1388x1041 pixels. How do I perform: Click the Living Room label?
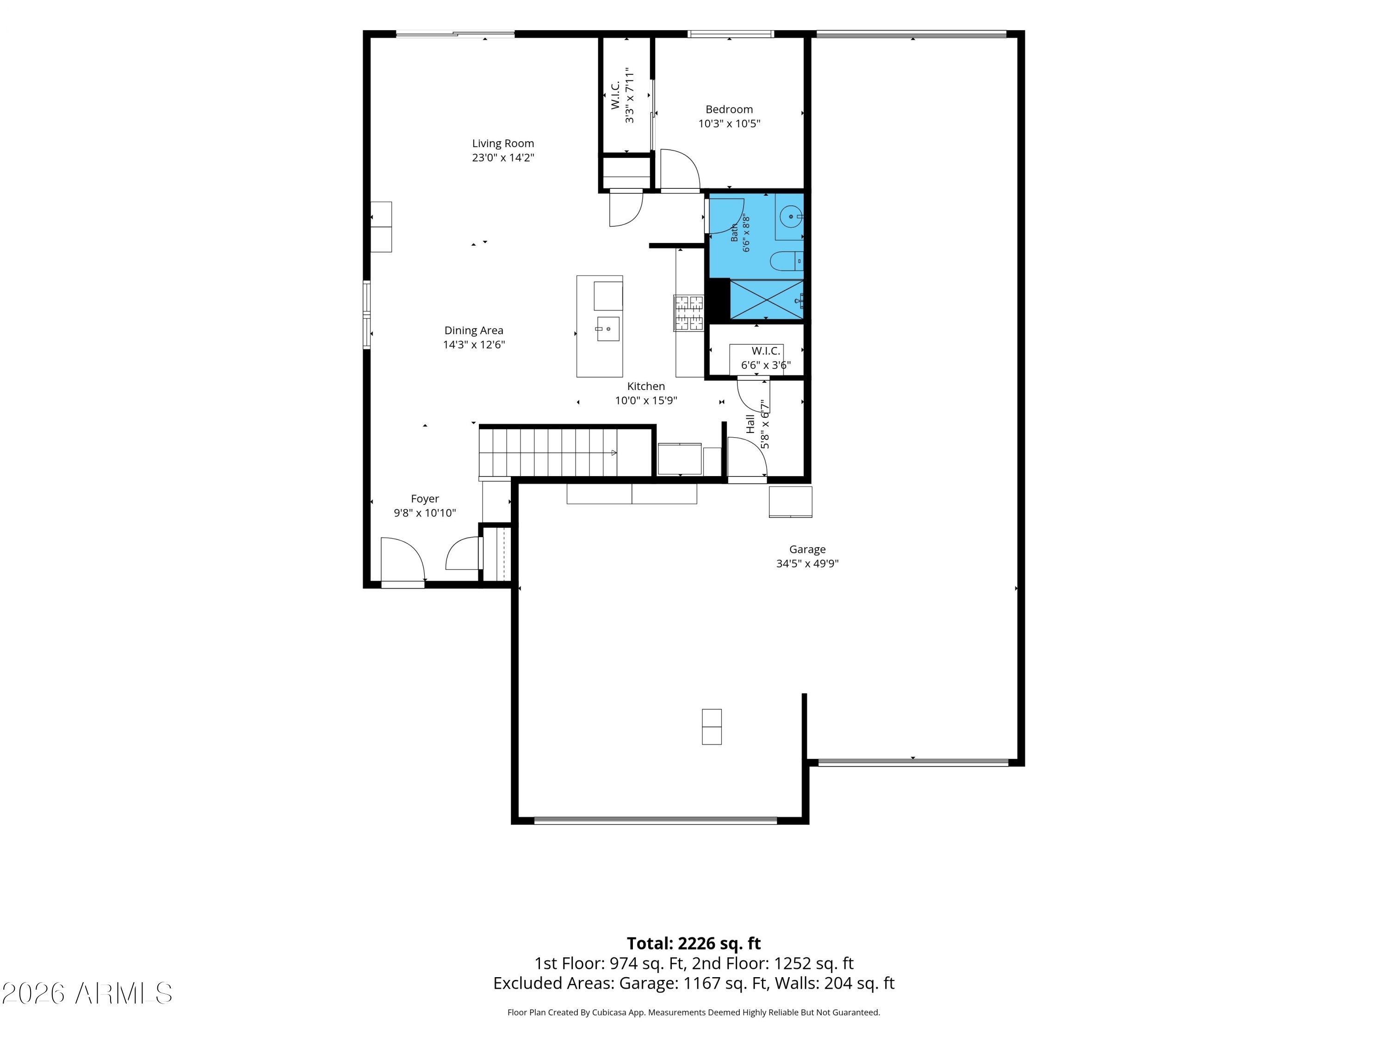pyautogui.click(x=502, y=144)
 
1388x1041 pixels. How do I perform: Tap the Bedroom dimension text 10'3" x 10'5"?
pyautogui.click(x=729, y=124)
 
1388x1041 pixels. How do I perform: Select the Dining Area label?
pyautogui.click(x=474, y=331)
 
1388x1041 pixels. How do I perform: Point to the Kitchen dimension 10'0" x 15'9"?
pyautogui.click(x=646, y=400)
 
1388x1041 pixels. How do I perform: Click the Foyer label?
pyautogui.click(x=425, y=499)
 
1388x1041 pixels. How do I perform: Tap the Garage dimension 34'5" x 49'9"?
pyautogui.click(x=807, y=564)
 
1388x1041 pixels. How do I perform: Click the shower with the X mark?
pyautogui.click(x=766, y=299)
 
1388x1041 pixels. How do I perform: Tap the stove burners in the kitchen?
pyautogui.click(x=689, y=312)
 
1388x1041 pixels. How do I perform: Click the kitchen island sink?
pyautogui.click(x=608, y=329)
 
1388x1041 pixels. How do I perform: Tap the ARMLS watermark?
pyautogui.click(x=87, y=993)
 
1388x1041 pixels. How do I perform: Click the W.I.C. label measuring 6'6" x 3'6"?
pyautogui.click(x=766, y=351)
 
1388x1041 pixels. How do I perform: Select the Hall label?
pyautogui.click(x=750, y=424)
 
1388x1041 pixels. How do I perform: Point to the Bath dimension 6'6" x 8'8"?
pyautogui.click(x=746, y=234)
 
